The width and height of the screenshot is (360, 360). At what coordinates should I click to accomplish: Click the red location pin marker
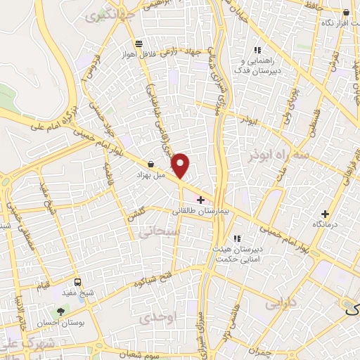(x=181, y=166)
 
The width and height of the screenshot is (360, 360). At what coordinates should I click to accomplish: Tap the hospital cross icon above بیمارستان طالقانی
(x=201, y=200)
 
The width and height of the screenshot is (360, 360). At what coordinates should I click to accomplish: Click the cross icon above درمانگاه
(x=325, y=213)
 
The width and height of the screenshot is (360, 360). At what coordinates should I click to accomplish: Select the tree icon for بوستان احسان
(x=63, y=310)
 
